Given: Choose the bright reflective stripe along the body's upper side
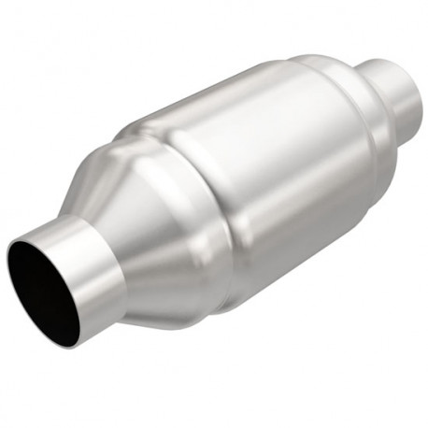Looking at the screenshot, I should coord(234,112).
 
